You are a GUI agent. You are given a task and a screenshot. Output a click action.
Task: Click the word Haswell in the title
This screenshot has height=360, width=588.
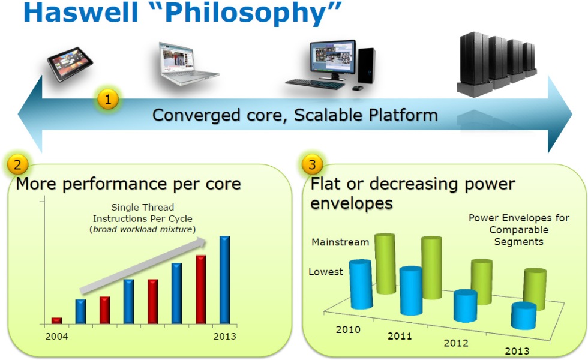pyautogui.click(x=80, y=12)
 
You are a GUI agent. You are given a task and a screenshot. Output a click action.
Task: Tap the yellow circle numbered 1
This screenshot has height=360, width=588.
pyautogui.click(x=108, y=100)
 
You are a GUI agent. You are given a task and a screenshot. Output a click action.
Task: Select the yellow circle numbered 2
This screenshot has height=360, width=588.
pyautogui.click(x=17, y=164)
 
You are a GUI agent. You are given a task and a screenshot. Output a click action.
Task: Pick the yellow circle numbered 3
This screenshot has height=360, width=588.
pyautogui.click(x=312, y=164)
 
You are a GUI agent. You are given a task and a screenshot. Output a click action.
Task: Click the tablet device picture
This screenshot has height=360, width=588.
pyautogui.click(x=70, y=64)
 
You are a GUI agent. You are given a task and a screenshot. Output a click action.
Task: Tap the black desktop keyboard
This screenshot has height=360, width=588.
pyautogui.click(x=315, y=83)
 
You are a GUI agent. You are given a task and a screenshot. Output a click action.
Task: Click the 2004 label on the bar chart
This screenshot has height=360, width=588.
pyautogui.click(x=56, y=337)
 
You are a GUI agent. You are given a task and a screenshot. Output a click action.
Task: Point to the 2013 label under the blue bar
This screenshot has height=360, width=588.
pyautogui.click(x=224, y=337)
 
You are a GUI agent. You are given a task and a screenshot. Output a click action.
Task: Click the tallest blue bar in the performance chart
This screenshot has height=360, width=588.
pyautogui.click(x=224, y=280)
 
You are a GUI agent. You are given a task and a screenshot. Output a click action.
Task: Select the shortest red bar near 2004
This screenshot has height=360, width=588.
pyautogui.click(x=56, y=320)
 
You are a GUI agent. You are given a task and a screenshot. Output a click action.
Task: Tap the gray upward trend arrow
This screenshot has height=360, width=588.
pyautogui.click(x=143, y=266)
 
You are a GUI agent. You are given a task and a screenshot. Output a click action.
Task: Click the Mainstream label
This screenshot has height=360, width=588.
pyautogui.click(x=340, y=242)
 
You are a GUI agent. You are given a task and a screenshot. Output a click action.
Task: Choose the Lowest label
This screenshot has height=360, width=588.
pyautogui.click(x=325, y=272)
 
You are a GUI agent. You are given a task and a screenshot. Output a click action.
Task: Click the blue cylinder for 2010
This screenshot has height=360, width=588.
pyautogui.click(x=361, y=284)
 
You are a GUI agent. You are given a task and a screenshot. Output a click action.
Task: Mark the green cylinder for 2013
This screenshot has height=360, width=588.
pyautogui.click(x=535, y=289)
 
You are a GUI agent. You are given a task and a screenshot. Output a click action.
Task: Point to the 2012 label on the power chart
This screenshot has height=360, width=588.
pyautogui.click(x=456, y=343)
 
